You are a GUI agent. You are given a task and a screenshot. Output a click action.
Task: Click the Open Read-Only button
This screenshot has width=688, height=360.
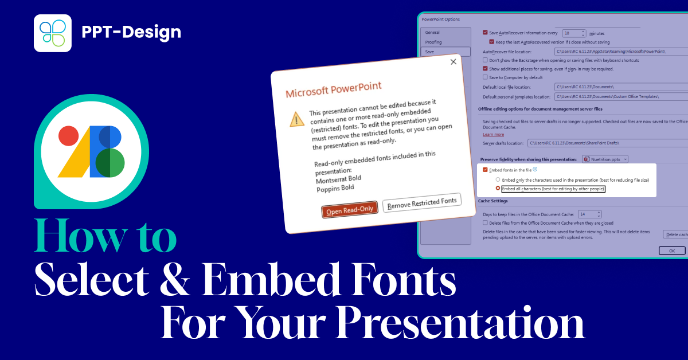pyautogui.click(x=350, y=210)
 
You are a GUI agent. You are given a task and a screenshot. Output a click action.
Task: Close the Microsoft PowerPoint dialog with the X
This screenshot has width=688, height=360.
pyautogui.click(x=453, y=62)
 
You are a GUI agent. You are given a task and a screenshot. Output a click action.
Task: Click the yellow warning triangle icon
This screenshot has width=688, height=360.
pyautogui.click(x=296, y=119)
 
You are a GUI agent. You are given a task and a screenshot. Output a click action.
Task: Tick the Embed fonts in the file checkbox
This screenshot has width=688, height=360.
pyautogui.click(x=486, y=170)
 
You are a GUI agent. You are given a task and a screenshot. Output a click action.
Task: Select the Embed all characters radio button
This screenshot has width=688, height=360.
pyautogui.click(x=498, y=188)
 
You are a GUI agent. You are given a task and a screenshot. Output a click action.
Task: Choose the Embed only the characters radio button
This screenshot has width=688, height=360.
pyautogui.click(x=498, y=179)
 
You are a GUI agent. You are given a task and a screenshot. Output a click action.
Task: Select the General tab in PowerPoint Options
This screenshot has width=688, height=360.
pyautogui.click(x=432, y=33)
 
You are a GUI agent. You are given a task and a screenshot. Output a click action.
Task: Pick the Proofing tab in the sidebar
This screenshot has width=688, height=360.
pyautogui.click(x=433, y=42)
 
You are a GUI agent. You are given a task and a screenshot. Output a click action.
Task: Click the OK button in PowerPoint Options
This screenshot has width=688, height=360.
pyautogui.click(x=672, y=251)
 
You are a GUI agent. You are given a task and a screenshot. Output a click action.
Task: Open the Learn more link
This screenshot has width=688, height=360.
pyautogui.click(x=493, y=134)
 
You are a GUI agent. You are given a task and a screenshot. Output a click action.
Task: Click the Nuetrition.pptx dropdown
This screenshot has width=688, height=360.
pyautogui.click(x=606, y=159)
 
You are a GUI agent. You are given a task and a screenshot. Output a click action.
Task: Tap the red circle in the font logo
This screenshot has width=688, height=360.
pyautogui.click(x=68, y=136)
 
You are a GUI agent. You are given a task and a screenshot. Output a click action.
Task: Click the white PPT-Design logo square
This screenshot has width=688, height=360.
pyautogui.click(x=53, y=33)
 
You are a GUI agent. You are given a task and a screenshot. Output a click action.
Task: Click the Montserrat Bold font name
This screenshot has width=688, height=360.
pyautogui.click(x=338, y=179)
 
